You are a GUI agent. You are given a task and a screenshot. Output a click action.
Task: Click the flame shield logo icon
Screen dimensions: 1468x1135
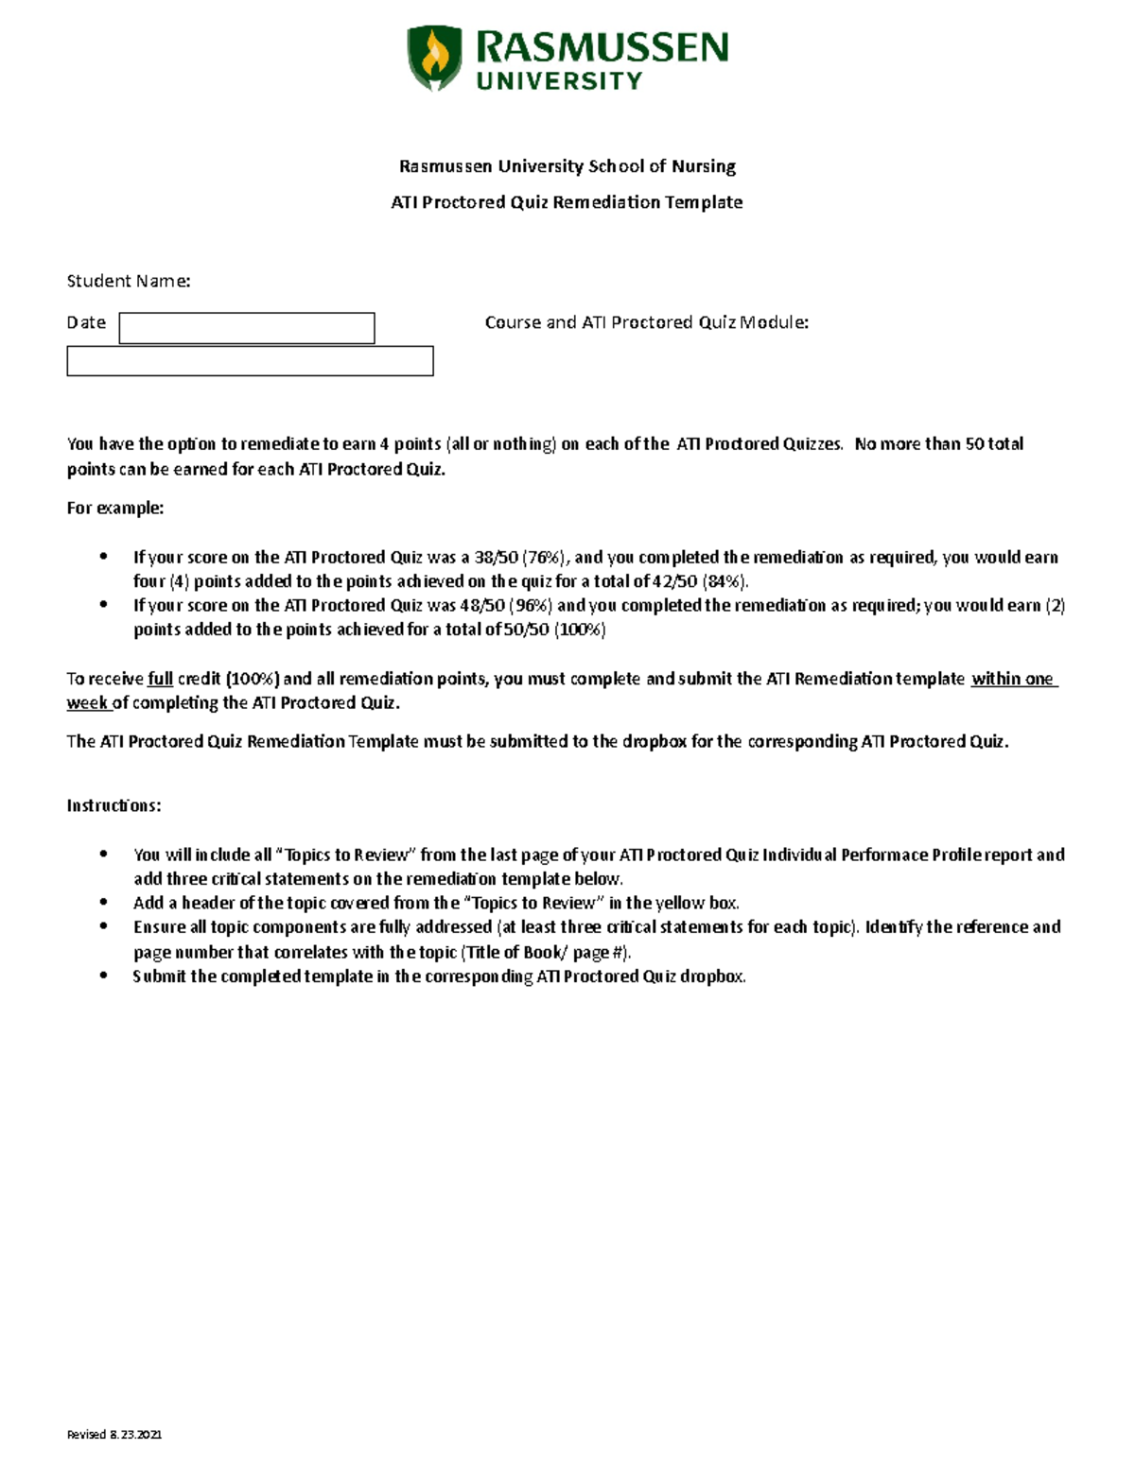[x=434, y=58]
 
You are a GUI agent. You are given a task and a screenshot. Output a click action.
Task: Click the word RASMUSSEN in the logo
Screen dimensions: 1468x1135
[x=602, y=46]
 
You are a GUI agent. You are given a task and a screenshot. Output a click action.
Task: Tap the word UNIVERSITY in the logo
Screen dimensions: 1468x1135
[x=559, y=81]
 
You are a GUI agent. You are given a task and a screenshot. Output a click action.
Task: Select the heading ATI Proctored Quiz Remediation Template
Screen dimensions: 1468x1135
[x=567, y=202]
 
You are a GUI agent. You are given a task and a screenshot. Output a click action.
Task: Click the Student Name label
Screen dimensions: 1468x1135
[x=129, y=281]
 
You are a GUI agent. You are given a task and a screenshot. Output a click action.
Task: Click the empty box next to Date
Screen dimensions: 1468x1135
[x=247, y=328]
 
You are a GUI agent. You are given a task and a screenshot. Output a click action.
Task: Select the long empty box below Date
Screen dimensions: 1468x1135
[x=250, y=361]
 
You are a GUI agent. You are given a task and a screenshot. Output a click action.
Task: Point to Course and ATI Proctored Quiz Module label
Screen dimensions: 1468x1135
[x=646, y=322]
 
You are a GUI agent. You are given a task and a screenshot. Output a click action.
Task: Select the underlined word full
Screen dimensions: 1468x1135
[x=160, y=679]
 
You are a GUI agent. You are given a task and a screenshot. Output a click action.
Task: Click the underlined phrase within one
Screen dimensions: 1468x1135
[x=1012, y=679]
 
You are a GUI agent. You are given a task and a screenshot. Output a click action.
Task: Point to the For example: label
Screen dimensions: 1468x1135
[x=114, y=508]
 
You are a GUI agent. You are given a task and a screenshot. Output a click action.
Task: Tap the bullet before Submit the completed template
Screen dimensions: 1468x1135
[x=104, y=976]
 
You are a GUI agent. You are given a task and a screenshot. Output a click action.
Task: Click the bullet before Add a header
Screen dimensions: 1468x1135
[x=104, y=903]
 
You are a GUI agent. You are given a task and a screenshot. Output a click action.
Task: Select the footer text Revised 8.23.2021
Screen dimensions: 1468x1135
[x=113, y=1434]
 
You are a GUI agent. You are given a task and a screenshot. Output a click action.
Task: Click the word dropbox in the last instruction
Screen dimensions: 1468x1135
[x=711, y=976]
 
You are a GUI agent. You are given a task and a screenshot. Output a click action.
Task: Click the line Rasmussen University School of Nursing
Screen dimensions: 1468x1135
[x=567, y=166]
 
